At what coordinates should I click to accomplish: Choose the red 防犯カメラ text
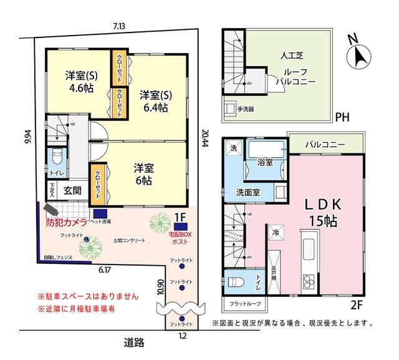66,221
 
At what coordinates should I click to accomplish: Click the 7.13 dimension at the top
119,26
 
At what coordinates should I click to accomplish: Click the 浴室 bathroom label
265,162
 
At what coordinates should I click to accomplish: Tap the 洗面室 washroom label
248,192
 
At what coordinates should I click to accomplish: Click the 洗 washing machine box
233,149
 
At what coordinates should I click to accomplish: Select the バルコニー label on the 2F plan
325,145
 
